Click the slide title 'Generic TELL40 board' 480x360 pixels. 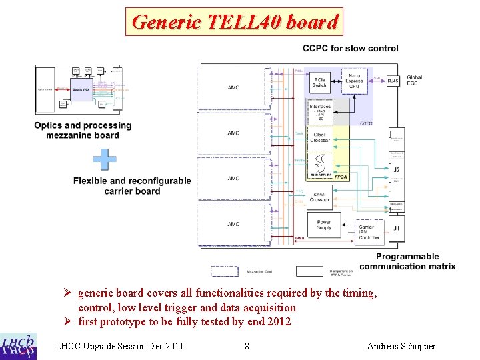pos(235,22)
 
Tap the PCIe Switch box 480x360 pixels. pos(320,81)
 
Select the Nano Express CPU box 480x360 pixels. pos(353,83)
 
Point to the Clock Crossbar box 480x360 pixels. pos(320,137)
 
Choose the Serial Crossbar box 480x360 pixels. pos(320,196)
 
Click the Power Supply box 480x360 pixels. pos(323,225)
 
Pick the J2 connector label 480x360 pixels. pos(397,169)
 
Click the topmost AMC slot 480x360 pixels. pos(233,87)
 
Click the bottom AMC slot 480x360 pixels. pos(233,224)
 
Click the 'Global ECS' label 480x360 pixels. pos(414,81)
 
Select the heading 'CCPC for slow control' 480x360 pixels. pos(350,48)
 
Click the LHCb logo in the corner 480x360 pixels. pos(19,345)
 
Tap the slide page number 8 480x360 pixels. pos(247,346)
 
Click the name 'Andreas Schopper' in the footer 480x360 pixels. pos(401,346)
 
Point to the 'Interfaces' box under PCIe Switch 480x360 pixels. pos(320,111)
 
